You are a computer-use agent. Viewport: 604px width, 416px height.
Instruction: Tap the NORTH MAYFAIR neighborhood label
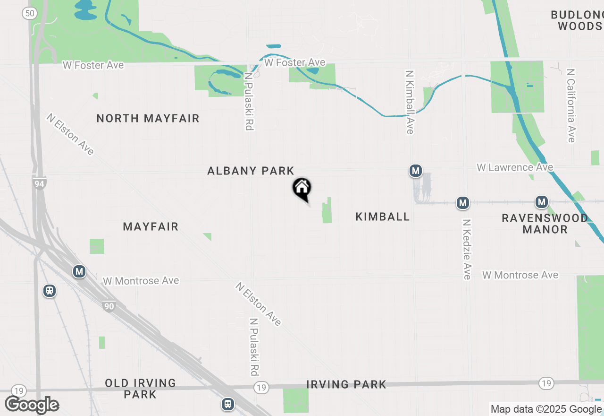[x=148, y=118]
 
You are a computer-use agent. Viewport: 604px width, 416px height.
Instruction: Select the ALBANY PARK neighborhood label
[x=251, y=171]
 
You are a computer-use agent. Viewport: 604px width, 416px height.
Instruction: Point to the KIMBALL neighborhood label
[x=382, y=217]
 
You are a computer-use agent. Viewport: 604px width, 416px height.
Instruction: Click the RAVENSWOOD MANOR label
[x=545, y=224]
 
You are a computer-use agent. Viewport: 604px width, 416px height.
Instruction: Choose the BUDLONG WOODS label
[x=577, y=20]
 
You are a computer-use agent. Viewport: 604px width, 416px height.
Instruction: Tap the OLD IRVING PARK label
[x=140, y=388]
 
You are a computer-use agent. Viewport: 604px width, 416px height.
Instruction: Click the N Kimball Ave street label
[x=410, y=102]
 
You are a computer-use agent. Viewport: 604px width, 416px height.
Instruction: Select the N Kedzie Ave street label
[x=467, y=249]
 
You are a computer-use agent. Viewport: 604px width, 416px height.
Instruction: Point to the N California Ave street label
[x=571, y=105]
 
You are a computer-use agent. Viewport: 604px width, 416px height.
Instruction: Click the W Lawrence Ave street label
[x=515, y=167]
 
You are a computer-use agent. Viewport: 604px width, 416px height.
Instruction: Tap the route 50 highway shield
[x=29, y=13]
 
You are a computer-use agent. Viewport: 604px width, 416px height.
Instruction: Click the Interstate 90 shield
[x=109, y=306]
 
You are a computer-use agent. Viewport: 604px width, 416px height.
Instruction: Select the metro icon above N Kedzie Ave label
[x=463, y=203]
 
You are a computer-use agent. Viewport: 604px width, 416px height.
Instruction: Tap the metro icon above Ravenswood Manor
[x=541, y=202]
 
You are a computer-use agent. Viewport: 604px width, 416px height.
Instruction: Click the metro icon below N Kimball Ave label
[x=415, y=171]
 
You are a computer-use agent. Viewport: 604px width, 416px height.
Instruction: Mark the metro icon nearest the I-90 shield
[x=79, y=271]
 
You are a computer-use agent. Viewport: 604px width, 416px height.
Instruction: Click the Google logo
[x=32, y=405]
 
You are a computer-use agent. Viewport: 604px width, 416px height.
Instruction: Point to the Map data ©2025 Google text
[x=546, y=409]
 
